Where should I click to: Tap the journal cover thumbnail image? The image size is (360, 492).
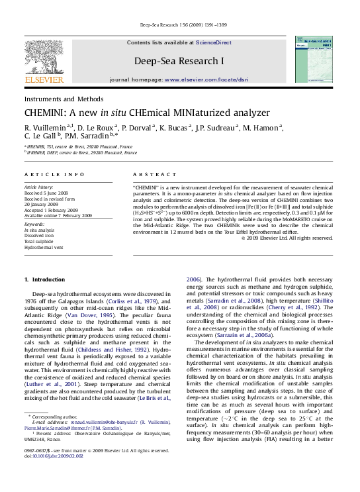(317, 60)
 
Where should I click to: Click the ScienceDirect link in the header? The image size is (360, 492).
(213, 42)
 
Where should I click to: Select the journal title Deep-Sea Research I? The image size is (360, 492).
(179, 61)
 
